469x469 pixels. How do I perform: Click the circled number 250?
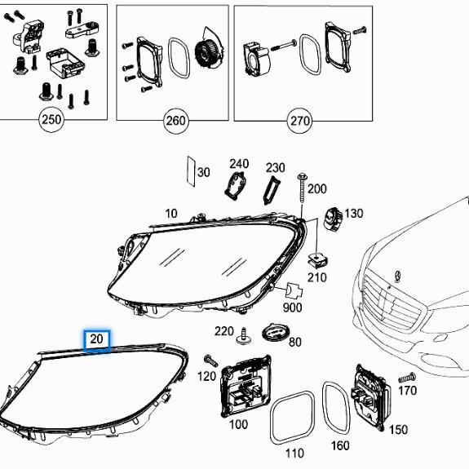51,121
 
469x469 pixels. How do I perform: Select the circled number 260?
175,122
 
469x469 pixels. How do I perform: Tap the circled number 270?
299,122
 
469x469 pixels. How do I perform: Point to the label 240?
238,163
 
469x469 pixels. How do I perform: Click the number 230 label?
276,168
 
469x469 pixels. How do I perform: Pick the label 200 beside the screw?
316,188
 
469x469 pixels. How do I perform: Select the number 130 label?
353,213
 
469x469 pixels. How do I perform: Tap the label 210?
316,277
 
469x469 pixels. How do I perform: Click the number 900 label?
291,308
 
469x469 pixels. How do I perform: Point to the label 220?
223,330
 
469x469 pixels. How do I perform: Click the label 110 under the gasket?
294,453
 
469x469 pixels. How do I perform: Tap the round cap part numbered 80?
276,332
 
